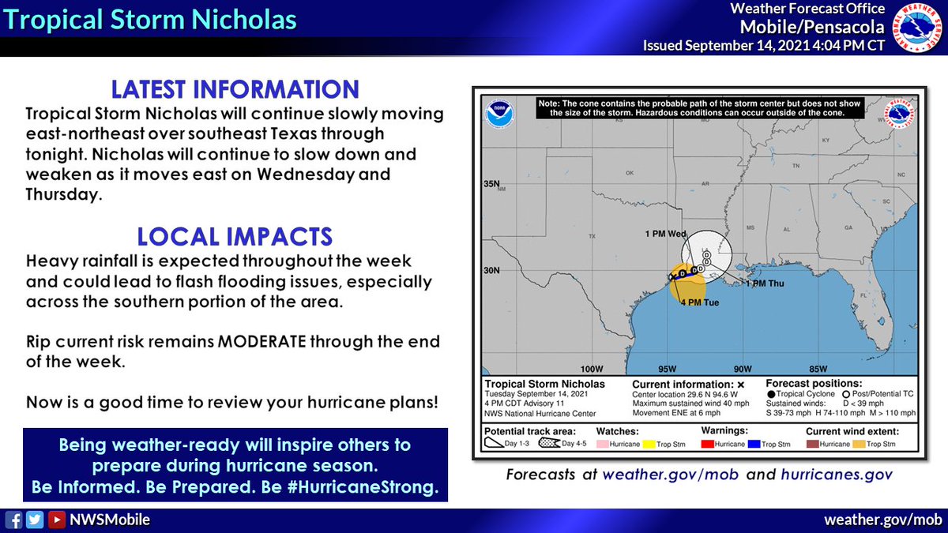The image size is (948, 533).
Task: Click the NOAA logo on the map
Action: coord(498,111)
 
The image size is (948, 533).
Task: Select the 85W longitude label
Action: coord(818,369)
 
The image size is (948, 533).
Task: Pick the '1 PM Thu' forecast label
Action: coord(765,283)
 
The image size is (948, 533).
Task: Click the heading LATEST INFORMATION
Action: coord(235,88)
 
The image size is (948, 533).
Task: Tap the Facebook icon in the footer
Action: coord(13,520)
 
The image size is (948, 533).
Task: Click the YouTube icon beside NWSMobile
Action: coord(56,520)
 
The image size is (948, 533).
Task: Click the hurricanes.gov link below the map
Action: coord(837,475)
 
